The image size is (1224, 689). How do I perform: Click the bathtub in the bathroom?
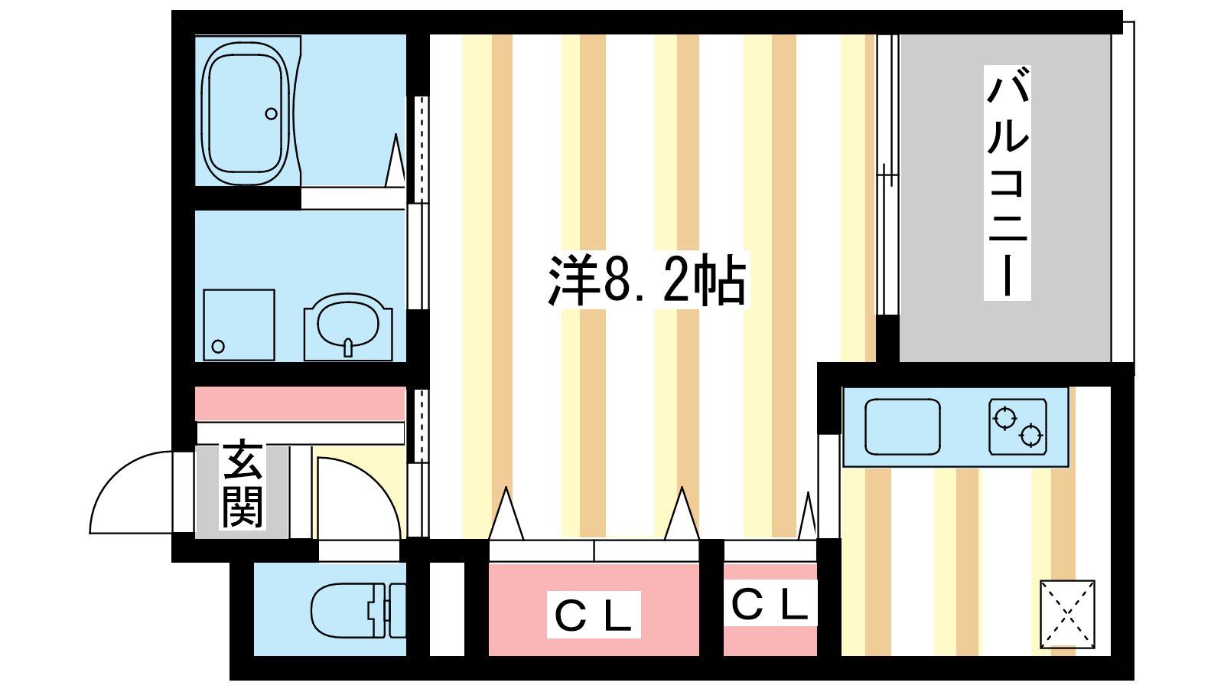pos(246,114)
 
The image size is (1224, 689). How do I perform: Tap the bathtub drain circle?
pos(271,114)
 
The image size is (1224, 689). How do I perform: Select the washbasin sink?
pos(348,327)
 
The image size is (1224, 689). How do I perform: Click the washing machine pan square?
pos(239,325)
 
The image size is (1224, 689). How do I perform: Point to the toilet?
pos(358,610)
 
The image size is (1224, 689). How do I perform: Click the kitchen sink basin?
pos(902,427)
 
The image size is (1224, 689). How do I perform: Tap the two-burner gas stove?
pos(1017,427)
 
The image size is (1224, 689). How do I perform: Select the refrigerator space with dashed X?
pos(1067,615)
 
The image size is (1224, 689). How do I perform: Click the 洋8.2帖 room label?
pos(648,280)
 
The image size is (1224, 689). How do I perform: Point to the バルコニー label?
pos(1007,183)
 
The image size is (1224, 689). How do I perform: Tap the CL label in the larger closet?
pos(594,615)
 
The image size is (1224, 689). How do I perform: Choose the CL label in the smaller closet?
pos(770,604)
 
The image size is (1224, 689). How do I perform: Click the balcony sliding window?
pos(887,175)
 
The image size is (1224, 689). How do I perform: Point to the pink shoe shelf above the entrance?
pos(300,403)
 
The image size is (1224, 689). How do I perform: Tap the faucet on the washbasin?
pos(348,348)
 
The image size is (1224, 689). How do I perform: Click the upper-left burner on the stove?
pos(1005,419)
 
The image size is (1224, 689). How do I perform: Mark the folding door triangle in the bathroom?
pos(395,161)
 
